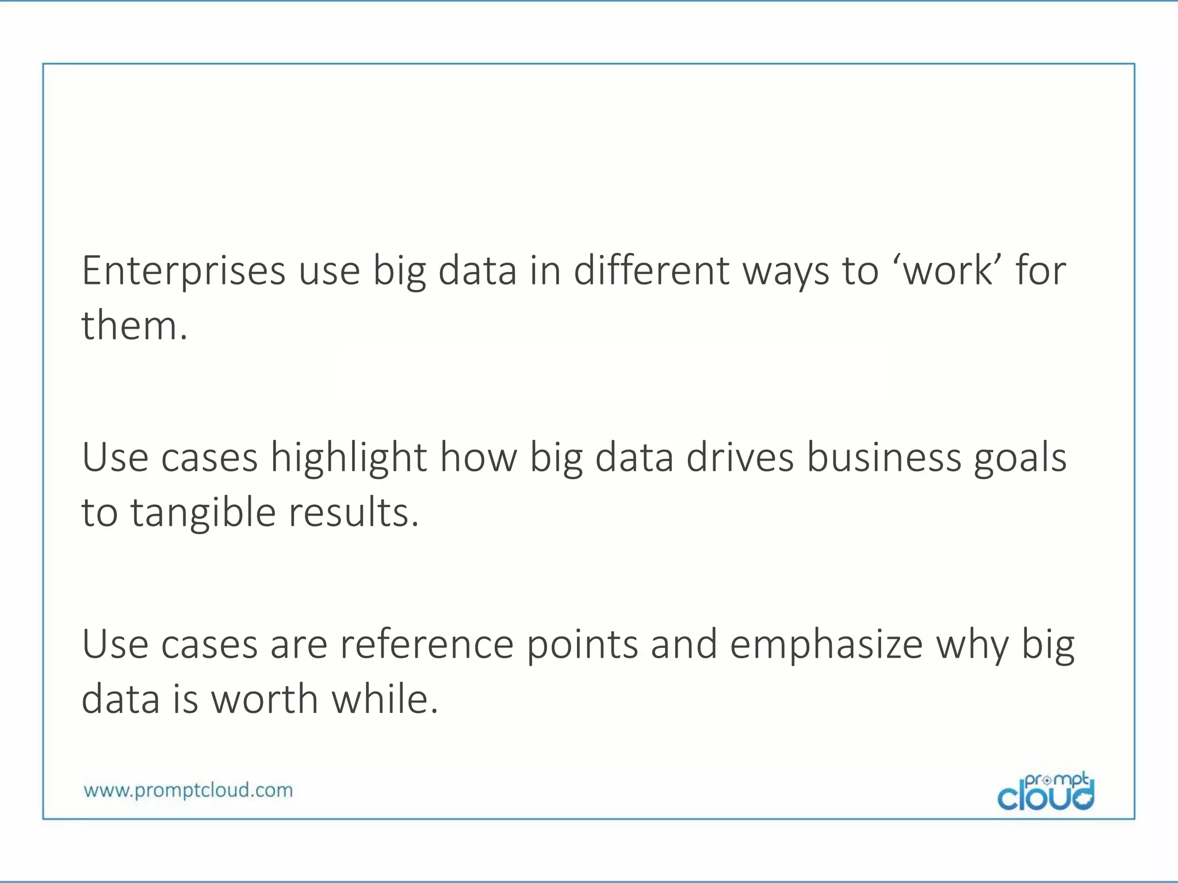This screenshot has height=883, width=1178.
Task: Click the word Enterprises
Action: click(183, 271)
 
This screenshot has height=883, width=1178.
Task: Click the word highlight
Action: click(349, 458)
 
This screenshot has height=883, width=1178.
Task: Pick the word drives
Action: click(740, 458)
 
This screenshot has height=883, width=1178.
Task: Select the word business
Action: click(884, 458)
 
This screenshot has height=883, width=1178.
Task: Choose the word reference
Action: click(426, 644)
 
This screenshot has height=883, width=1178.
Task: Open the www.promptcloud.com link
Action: click(188, 790)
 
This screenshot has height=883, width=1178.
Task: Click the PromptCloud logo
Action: click(1046, 792)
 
